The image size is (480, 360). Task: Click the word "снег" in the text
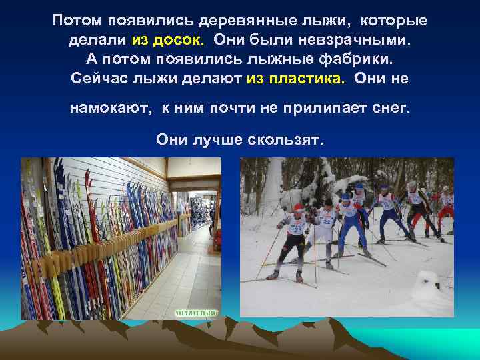(389, 109)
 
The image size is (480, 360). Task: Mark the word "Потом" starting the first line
(74, 21)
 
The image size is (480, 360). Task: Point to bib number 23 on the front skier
(296, 229)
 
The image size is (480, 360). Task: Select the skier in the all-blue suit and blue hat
(349, 220)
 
